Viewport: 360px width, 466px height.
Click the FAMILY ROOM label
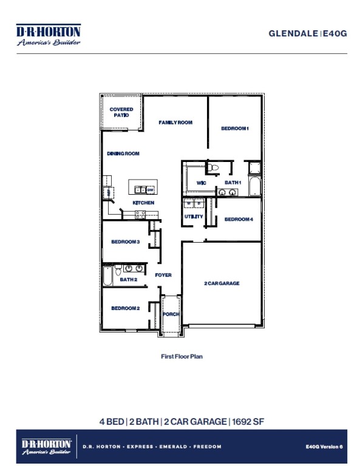click(x=175, y=123)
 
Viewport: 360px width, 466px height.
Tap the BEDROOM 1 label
click(x=235, y=129)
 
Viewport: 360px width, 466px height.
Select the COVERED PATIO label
click(x=121, y=112)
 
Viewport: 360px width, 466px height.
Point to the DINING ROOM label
click(x=123, y=154)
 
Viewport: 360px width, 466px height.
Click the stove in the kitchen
click(x=140, y=214)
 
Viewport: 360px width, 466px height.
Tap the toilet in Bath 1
click(x=213, y=167)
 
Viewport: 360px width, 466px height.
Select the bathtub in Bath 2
click(x=107, y=278)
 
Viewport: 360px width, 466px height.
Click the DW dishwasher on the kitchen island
click(x=149, y=190)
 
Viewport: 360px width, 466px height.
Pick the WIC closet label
click(x=202, y=183)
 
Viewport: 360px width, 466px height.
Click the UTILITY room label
click(x=194, y=217)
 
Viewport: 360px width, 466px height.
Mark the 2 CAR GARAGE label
click(x=222, y=283)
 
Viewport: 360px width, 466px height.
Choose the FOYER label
click(x=163, y=275)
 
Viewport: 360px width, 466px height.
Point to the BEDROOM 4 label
click(x=239, y=219)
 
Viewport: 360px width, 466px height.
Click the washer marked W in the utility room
click(x=189, y=203)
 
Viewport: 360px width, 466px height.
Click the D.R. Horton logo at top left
click(x=48, y=35)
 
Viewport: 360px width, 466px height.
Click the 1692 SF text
click(x=247, y=421)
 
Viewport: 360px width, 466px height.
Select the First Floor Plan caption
click(x=182, y=357)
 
